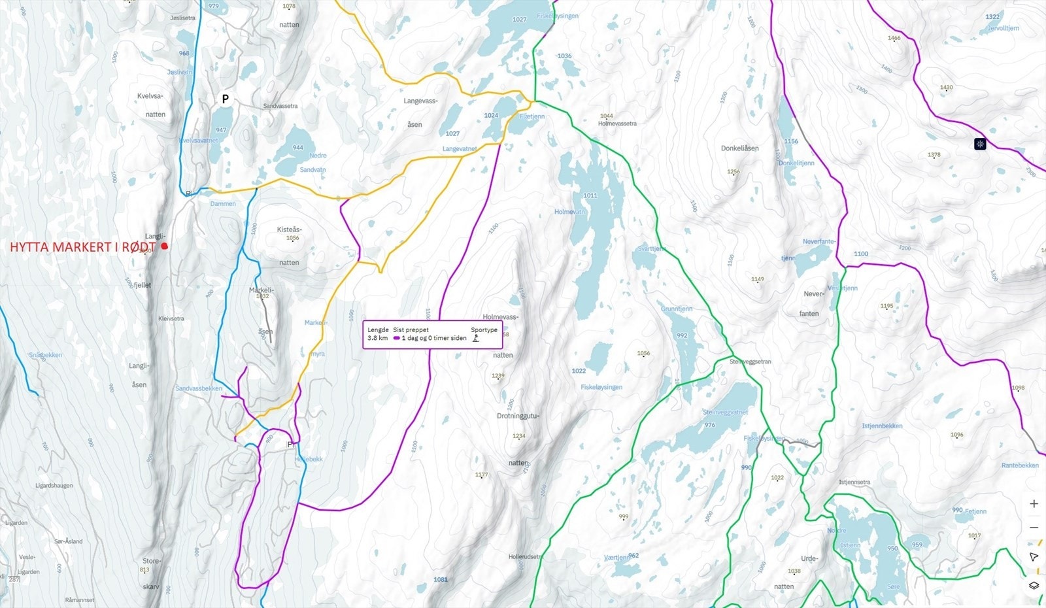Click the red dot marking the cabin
(x=165, y=246)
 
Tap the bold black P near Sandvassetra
(x=225, y=99)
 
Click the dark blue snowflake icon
(x=979, y=144)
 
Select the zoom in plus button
(x=1034, y=504)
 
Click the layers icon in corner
(x=1034, y=585)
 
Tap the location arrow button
(x=1034, y=557)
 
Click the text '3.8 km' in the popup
(x=377, y=338)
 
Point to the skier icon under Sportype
(x=476, y=338)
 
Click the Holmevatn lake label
(x=569, y=212)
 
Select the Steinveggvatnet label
(x=725, y=413)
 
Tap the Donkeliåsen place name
(x=739, y=148)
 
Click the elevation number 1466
(x=894, y=39)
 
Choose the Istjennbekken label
(x=881, y=426)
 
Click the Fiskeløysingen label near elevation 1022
(x=601, y=387)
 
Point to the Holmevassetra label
(x=616, y=124)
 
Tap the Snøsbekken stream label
(x=45, y=355)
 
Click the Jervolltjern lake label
(x=1002, y=28)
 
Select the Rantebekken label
(x=1019, y=465)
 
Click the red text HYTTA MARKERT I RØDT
(x=83, y=247)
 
